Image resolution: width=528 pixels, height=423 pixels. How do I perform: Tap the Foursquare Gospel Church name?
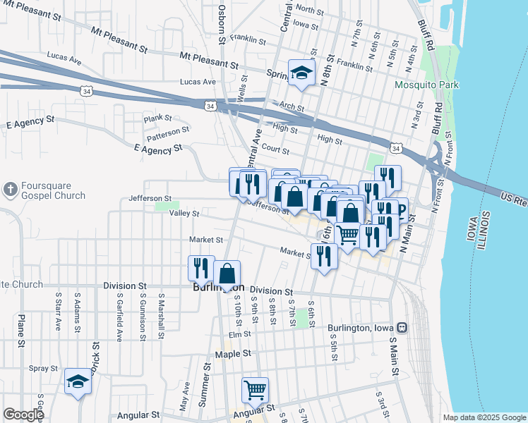tap(52, 191)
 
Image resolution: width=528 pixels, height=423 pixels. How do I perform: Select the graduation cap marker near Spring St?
tap(301, 73)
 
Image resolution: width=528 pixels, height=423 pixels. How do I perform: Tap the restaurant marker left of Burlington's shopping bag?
tap(201, 268)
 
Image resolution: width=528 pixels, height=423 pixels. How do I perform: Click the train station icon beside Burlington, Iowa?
tap(402, 328)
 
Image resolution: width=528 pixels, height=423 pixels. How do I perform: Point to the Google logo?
tap(23, 415)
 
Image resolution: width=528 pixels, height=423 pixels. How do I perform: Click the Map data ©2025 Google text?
tap(484, 417)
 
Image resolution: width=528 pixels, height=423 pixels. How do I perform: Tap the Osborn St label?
tap(222, 23)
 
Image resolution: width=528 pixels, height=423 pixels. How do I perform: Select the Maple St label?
tap(233, 355)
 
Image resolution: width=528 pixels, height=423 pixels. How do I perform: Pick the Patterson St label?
tap(168, 130)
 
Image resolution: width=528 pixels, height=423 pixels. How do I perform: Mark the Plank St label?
tap(158, 118)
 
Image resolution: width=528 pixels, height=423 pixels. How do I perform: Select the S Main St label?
tap(393, 350)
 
